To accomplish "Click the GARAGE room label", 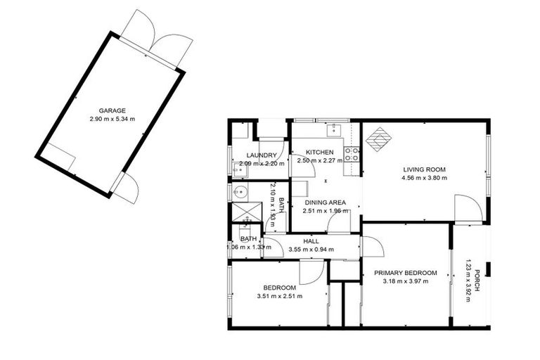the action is [x=112, y=110].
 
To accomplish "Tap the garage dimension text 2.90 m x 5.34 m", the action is [x=112, y=120].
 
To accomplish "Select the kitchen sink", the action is [x=334, y=131].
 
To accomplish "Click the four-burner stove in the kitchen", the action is [x=352, y=154].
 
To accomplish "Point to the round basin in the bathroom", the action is [x=240, y=191].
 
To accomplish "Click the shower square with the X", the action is [x=247, y=212].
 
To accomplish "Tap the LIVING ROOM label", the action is [x=424, y=169].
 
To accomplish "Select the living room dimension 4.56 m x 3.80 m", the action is [x=424, y=178].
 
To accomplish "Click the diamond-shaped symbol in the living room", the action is [x=379, y=139].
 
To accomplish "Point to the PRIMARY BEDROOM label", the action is [x=406, y=273].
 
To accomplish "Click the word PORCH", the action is [x=477, y=281].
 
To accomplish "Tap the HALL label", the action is [x=311, y=241].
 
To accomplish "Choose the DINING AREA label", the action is [x=325, y=202].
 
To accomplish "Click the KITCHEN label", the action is [x=320, y=152].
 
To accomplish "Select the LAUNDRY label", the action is [x=262, y=155].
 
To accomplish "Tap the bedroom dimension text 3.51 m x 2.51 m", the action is [x=280, y=296].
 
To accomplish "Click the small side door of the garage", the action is [x=127, y=188].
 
